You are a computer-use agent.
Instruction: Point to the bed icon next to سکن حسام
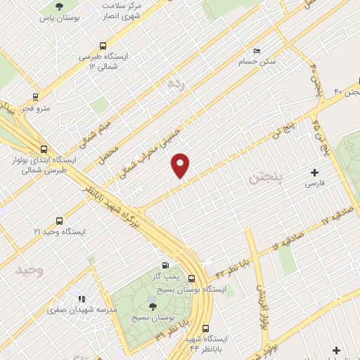(x=256, y=51)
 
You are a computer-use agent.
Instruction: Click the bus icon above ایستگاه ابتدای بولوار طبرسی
(x=44, y=149)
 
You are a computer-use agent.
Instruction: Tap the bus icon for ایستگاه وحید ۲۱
(x=58, y=219)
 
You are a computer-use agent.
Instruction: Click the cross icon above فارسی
(x=314, y=172)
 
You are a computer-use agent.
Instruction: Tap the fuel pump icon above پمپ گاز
(x=165, y=265)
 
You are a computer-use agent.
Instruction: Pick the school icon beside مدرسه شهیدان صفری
(x=82, y=299)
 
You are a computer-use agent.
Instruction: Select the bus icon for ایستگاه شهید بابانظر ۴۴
(x=206, y=328)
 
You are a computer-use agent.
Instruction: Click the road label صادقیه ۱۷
(x=313, y=226)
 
